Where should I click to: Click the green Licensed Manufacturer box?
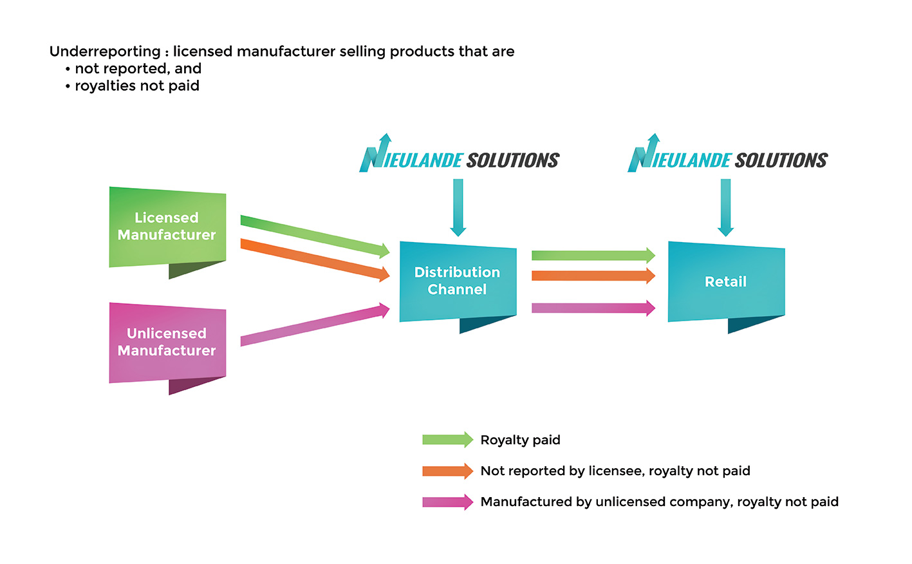167,227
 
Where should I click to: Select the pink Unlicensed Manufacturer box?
167,343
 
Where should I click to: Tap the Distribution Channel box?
458,281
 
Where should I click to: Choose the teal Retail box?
726,281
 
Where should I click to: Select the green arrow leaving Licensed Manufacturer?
315,236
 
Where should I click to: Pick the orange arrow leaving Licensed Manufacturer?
315,259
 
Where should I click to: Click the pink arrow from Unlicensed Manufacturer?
315,325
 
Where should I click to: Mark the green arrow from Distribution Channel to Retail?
593,256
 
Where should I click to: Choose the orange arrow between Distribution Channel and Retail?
593,276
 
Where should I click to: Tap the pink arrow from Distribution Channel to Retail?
593,308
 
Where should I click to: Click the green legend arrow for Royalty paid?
447,440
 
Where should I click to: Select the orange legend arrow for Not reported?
447,471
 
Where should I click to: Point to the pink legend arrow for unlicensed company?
447,502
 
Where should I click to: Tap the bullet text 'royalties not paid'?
137,86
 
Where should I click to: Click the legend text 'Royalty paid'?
520,440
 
